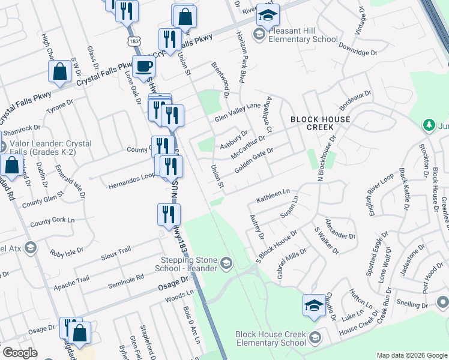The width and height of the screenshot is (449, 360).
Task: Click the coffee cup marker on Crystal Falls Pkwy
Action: [144, 66]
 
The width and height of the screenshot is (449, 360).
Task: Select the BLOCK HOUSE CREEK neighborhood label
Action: [321, 124]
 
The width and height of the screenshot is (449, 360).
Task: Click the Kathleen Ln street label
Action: [273, 195]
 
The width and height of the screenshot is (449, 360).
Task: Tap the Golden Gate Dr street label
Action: [253, 160]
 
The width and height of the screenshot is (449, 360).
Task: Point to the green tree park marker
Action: [429, 125]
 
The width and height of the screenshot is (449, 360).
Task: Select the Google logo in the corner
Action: [20, 353]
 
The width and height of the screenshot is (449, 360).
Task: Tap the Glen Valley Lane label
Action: [238, 112]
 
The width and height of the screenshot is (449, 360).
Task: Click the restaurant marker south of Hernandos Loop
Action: [169, 214]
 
